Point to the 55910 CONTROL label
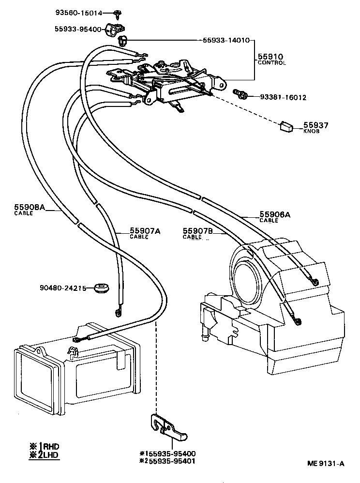tap(271, 60)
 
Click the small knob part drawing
tap(286, 126)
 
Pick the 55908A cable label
tap(29, 210)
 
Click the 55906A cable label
tap(274, 216)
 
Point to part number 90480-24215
tap(63, 288)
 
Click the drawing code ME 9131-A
tap(326, 464)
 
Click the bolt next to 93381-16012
tap(240, 93)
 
